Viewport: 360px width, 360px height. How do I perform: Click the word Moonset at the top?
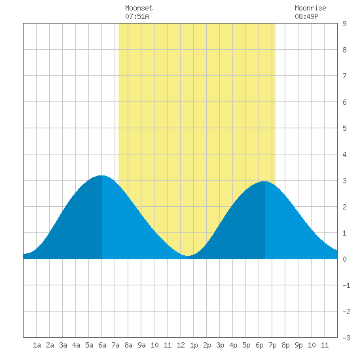[x=139, y=8]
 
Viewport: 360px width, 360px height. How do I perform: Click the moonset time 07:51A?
[x=137, y=16]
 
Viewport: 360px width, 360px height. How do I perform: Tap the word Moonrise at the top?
[x=310, y=8]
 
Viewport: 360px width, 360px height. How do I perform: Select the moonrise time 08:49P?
[x=306, y=16]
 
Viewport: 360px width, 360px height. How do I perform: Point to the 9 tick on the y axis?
[x=344, y=24]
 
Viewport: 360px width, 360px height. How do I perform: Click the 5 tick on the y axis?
[x=344, y=128]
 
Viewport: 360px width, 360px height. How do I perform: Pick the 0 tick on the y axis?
[x=344, y=259]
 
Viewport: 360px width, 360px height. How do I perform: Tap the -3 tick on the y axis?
[x=346, y=338]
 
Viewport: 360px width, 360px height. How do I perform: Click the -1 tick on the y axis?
[x=346, y=285]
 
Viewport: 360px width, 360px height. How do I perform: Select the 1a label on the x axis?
[x=37, y=345]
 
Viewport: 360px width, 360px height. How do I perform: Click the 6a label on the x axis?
[x=102, y=345]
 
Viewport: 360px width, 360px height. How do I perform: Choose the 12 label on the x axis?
[x=181, y=345]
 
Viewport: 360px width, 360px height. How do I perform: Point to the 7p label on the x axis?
[x=272, y=345]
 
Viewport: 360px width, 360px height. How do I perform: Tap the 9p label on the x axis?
[x=298, y=345]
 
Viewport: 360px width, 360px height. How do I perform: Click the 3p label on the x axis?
[x=220, y=345]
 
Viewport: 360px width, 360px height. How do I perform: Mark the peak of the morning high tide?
[x=101, y=175]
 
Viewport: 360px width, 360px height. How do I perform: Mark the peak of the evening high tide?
[x=264, y=181]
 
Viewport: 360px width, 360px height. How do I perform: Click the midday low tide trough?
[x=188, y=255]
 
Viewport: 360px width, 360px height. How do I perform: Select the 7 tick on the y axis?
[x=344, y=76]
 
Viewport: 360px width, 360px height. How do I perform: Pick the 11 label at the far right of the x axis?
[x=325, y=345]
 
